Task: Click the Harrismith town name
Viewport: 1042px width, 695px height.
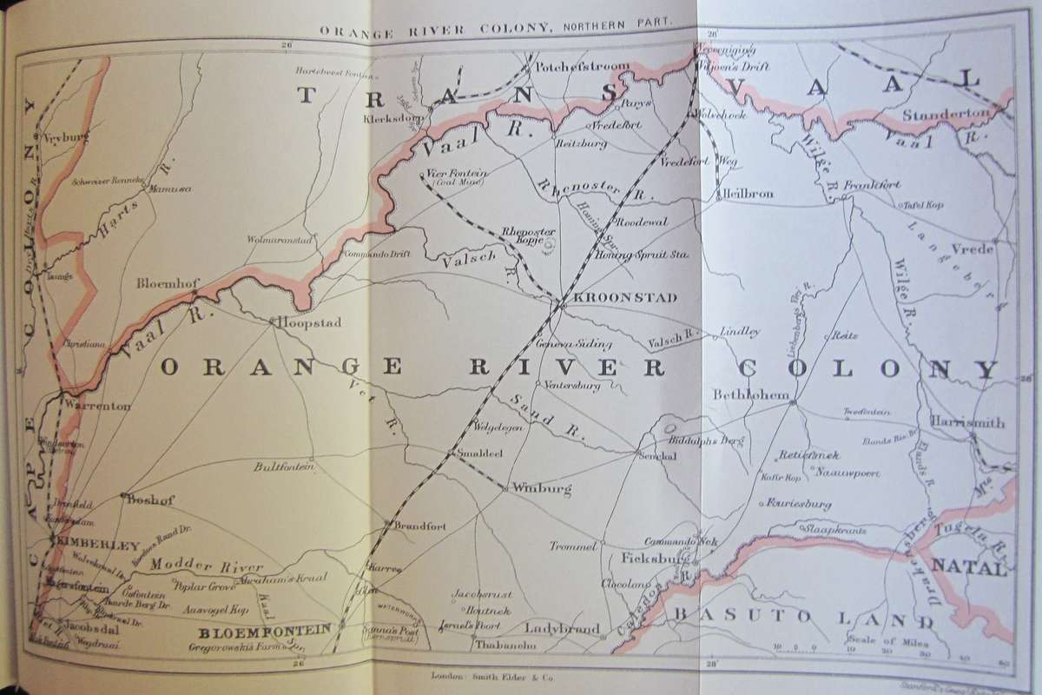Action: [966, 422]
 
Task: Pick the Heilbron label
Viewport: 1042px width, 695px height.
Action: [746, 194]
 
